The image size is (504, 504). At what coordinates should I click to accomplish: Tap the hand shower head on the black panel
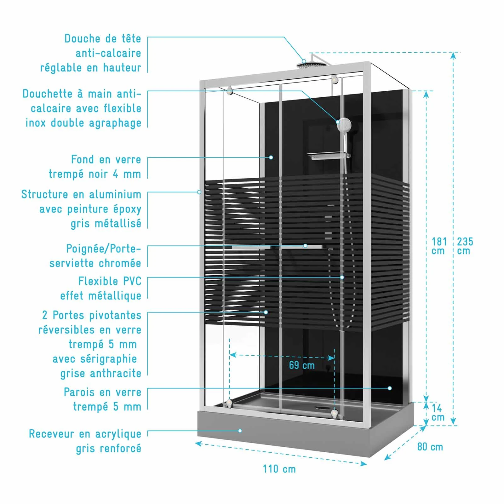point(344,125)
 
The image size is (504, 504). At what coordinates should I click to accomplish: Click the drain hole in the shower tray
point(322,406)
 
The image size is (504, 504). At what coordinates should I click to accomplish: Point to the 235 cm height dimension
point(465,246)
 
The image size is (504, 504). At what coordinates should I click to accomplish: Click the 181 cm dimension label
point(439,246)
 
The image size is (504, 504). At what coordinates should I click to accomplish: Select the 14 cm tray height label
point(438,412)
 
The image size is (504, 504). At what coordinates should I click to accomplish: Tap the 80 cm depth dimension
point(430,447)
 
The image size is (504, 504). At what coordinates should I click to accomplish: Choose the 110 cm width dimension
point(279,469)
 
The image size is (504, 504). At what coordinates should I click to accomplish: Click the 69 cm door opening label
point(302,365)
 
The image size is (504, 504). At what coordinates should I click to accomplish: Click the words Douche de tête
point(102,38)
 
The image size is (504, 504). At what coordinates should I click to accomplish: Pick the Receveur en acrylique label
point(85,434)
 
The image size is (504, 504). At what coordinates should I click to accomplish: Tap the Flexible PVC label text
point(110,281)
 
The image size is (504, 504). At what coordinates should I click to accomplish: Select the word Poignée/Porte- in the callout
point(103,249)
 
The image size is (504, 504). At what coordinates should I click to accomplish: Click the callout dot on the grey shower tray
point(240,431)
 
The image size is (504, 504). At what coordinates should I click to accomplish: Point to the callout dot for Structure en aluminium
point(199,192)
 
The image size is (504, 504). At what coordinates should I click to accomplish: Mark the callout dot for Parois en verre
point(390,388)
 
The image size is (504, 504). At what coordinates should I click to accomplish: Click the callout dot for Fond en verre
point(271,157)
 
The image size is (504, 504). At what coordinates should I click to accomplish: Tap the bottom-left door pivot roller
point(229,402)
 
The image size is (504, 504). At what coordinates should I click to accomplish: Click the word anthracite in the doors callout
point(116,373)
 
